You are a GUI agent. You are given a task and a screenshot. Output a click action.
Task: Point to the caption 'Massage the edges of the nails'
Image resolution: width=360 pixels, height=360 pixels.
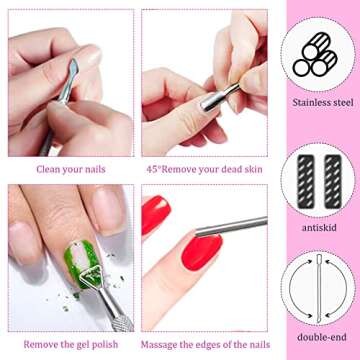[204, 344]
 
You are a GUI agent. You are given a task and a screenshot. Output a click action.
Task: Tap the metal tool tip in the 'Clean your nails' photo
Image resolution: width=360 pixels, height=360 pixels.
[72, 70]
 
